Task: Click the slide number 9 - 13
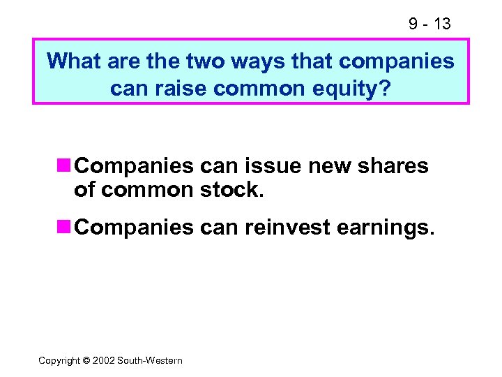tap(429, 24)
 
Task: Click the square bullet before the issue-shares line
tap(64, 166)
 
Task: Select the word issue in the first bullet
tap(264, 166)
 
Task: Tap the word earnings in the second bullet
tap(386, 228)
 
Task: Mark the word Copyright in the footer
tap(59, 360)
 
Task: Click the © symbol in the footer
tap(87, 360)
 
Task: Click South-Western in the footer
tap(150, 360)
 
